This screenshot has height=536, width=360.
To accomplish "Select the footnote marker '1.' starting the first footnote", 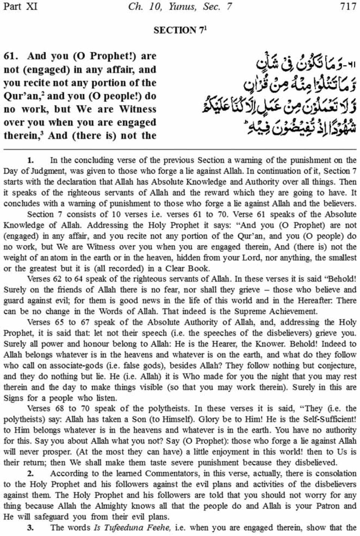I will pyautogui.click(x=31, y=160).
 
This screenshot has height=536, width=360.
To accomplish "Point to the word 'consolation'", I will pyautogui.click(x=336, y=474).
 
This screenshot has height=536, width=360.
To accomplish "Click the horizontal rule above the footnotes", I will pyautogui.click(x=180, y=149).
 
